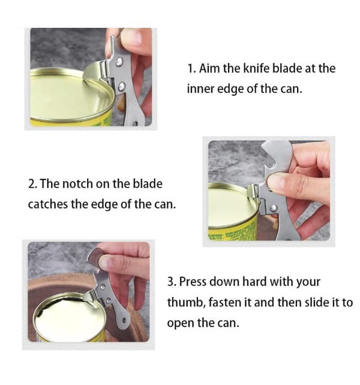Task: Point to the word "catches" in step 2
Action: coord(48,204)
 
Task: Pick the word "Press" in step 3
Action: coord(193,281)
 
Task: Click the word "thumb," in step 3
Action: coord(186,302)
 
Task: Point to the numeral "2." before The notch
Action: coord(32,184)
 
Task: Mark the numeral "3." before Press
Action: coord(172,282)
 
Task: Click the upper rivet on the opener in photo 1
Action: coord(119,61)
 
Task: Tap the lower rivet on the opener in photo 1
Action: coord(122,86)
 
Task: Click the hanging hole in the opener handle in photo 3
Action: coord(124,321)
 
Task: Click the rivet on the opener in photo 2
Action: coord(274,209)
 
